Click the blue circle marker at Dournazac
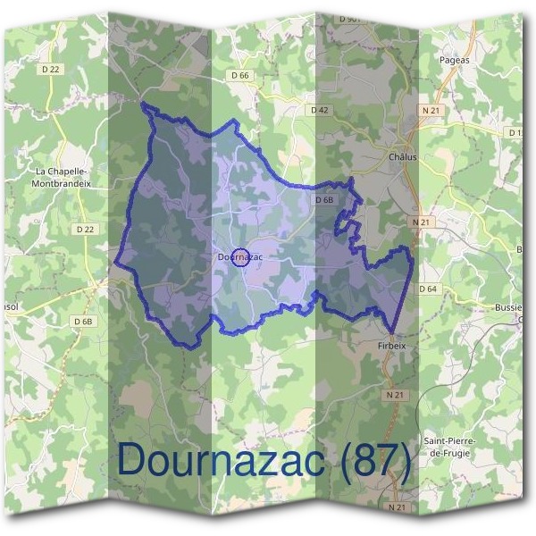(240, 257)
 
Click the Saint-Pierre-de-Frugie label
(449, 448)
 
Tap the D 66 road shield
(240, 76)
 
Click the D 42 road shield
(320, 109)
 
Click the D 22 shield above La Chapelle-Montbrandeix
(50, 68)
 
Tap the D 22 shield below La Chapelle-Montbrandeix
(86, 230)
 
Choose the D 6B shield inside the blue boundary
(324, 200)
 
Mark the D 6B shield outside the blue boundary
(83, 321)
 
